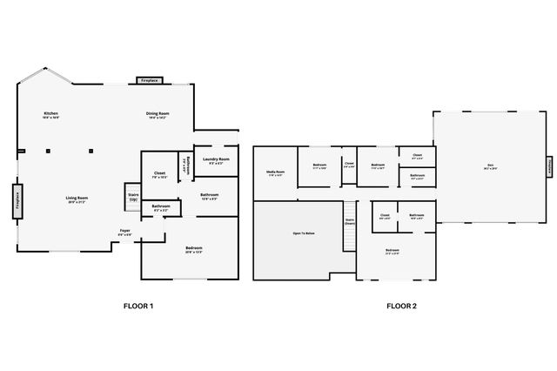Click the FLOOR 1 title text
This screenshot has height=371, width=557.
tap(139, 306)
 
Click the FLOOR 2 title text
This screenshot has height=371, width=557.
tap(401, 306)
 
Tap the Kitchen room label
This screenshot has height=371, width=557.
tap(52, 115)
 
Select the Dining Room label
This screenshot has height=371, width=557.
tap(158, 115)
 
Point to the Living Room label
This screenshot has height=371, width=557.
tap(77, 199)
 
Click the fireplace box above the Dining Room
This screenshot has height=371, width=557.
tap(149, 81)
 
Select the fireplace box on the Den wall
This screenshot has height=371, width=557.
tap(549, 165)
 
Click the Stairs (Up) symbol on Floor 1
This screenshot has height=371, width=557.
tap(133, 195)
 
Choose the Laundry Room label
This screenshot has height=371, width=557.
tap(216, 160)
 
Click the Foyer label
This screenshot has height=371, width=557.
tap(125, 232)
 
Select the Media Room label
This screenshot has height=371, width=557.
tap(276, 173)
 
